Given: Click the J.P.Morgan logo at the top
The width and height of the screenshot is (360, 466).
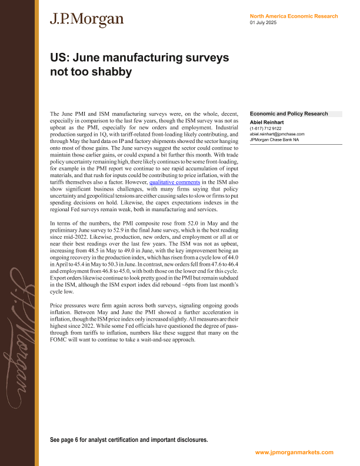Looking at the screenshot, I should click(86, 19).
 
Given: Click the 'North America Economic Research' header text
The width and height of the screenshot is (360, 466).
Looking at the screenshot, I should click(294, 16).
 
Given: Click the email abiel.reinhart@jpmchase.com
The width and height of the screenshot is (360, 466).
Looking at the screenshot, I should click(277, 134).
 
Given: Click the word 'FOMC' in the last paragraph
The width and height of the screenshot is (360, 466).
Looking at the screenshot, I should click(60, 340).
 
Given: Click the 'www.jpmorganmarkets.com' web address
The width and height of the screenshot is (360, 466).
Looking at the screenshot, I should click(294, 452).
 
